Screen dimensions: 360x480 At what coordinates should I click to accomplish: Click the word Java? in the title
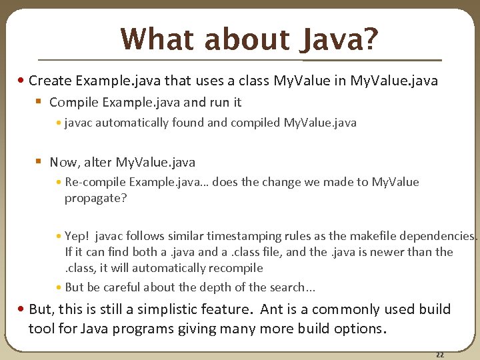(339, 39)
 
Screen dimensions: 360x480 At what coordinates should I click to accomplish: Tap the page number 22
(439, 354)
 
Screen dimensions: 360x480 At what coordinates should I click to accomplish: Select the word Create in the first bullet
(51, 81)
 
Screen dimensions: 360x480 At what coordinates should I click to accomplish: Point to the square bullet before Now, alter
(39, 162)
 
